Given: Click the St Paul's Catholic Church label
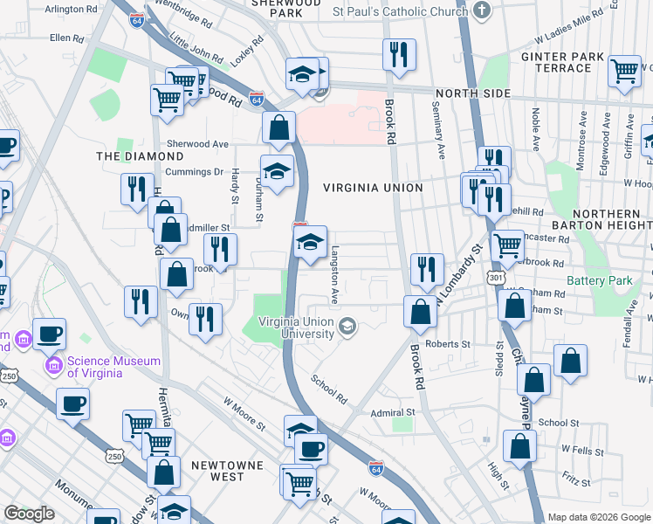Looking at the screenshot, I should coord(400,12).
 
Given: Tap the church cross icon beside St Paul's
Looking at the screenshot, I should coord(481,11).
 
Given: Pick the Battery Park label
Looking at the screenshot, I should coord(598,280).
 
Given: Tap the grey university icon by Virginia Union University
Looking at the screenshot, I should coord(348,327).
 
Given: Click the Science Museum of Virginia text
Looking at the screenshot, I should coord(115,367).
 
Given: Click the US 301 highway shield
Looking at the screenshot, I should coord(496,277).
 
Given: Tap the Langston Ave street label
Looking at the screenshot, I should coord(334,274).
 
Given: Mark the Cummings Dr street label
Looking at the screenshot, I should coord(201,172).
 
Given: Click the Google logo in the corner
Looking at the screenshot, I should coord(30,514).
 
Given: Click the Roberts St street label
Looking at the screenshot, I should coord(447,344).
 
